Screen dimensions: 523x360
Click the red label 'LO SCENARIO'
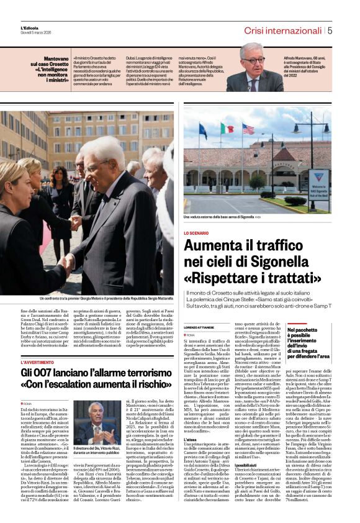point(197,233)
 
